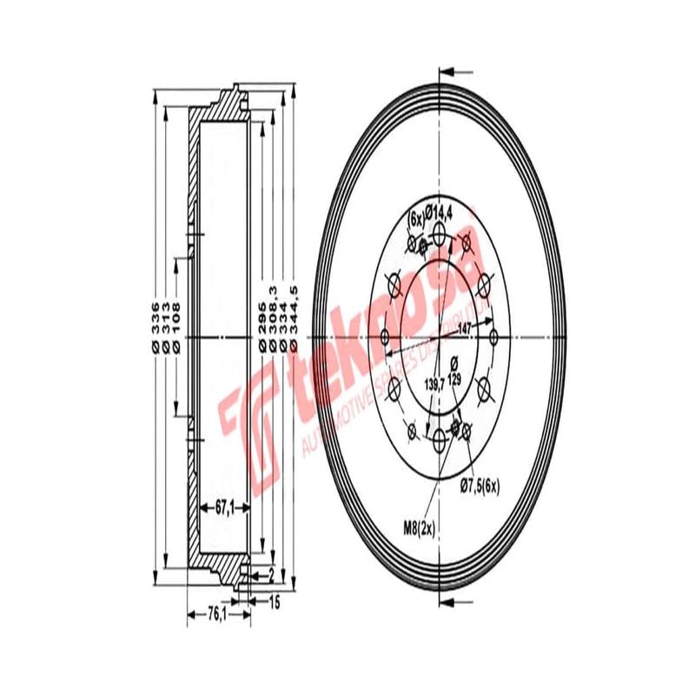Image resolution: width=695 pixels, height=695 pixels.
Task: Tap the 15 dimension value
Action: point(274,600)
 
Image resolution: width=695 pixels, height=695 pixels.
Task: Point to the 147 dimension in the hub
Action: point(464,329)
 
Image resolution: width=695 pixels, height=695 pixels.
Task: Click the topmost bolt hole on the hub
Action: point(439,233)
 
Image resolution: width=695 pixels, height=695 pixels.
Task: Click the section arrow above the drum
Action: point(456,71)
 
